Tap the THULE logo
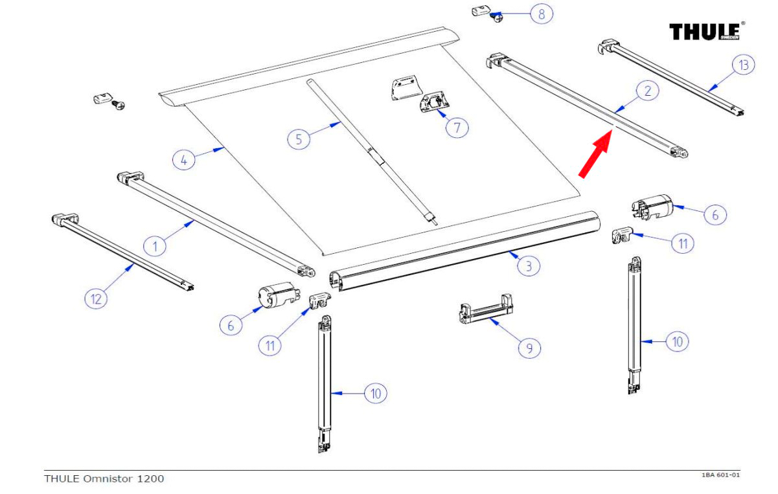tap(707, 31)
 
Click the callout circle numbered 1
tap(154, 245)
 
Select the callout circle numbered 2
tap(646, 91)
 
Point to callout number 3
tap(529, 265)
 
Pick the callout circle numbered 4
tap(185, 159)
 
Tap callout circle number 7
tap(457, 127)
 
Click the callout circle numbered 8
tap(542, 14)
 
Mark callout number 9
tap(529, 348)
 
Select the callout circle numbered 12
tap(97, 298)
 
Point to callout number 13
tap(744, 65)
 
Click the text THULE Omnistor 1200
tap(104, 478)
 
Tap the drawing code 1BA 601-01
tap(720, 475)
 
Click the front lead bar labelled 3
tap(466, 249)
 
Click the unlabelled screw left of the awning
tap(119, 104)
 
